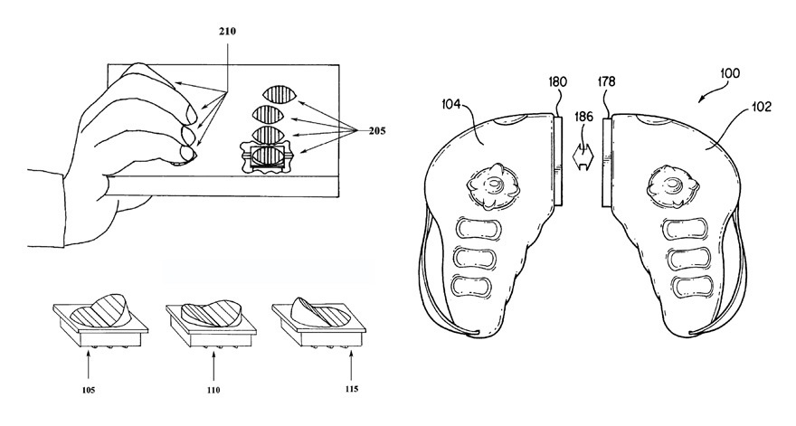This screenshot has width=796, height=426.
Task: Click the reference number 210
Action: (227, 32)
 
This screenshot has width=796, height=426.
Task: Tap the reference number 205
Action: (376, 131)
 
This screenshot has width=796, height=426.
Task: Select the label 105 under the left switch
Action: (89, 391)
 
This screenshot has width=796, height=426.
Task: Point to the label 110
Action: (213, 391)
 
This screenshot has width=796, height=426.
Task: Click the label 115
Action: (351, 389)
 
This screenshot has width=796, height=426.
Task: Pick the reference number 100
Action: (730, 73)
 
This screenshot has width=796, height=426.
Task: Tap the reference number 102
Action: (762, 107)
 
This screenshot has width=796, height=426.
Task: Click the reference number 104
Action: (450, 105)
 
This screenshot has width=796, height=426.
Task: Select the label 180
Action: (558, 81)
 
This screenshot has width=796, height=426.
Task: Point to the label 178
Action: (606, 81)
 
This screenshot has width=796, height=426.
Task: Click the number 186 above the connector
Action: (583, 117)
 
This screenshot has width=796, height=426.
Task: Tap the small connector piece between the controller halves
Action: (583, 156)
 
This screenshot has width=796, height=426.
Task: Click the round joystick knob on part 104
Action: (493, 186)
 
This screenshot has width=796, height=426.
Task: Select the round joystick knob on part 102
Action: (673, 186)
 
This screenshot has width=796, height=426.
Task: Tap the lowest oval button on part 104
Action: (471, 287)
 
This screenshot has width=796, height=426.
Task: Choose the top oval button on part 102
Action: (687, 229)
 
